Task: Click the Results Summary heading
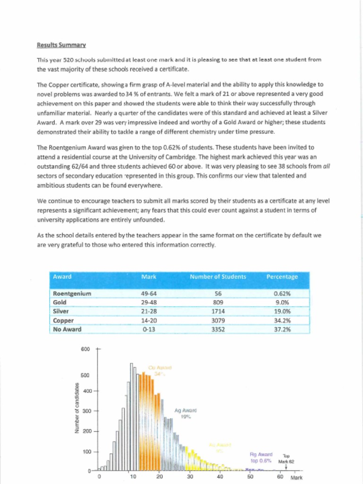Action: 61,45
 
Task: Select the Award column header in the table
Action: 62,277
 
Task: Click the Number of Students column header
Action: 217,277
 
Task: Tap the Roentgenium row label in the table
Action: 72,294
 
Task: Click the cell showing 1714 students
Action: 218,311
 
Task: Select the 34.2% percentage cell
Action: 282,320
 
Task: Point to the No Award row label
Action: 67,329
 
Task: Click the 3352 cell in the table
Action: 218,329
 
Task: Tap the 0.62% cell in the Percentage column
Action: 282,294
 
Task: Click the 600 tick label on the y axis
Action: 86,349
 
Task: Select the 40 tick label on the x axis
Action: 220,476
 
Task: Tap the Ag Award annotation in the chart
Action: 185,414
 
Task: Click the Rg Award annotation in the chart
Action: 261,457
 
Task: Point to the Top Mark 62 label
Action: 286,458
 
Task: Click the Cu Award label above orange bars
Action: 160,370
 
